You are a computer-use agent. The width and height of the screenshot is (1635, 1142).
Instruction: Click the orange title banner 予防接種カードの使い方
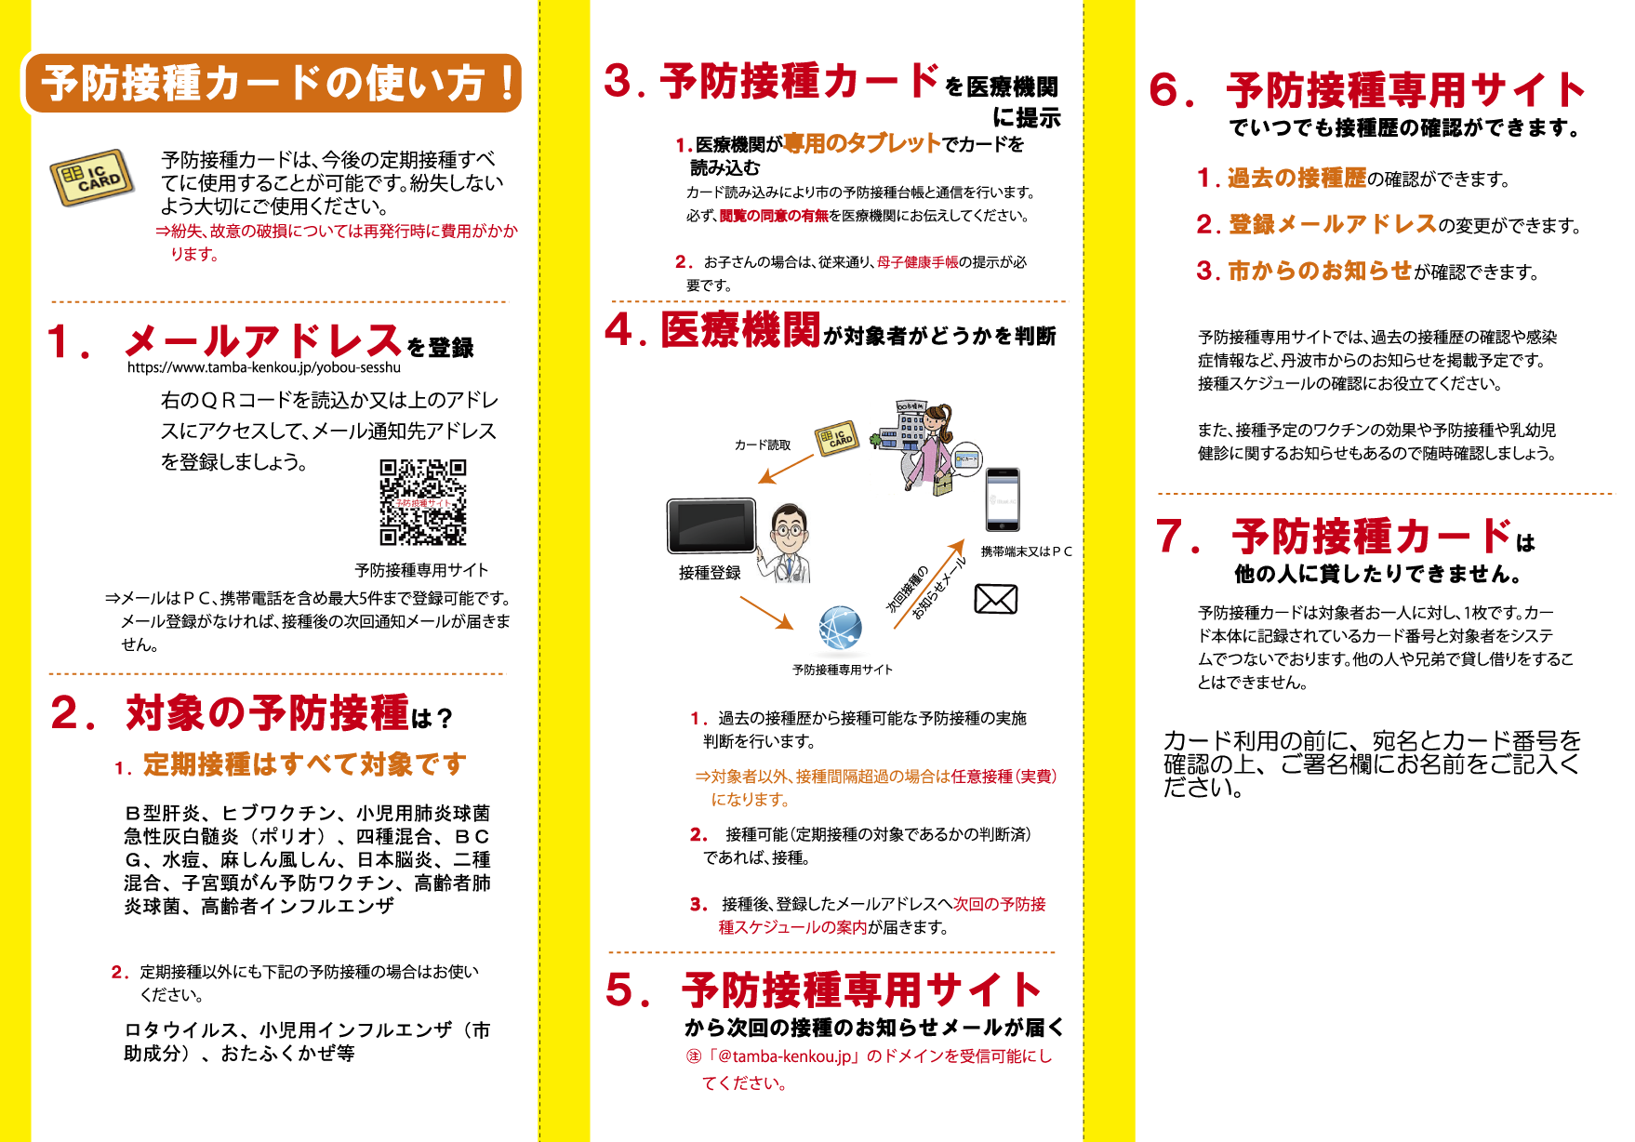tap(272, 83)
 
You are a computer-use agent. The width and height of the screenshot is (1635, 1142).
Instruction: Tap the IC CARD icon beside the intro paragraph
tap(92, 177)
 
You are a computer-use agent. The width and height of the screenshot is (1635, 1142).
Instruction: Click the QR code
tap(423, 502)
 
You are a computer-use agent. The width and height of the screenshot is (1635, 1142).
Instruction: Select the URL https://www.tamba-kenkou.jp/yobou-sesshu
tap(264, 367)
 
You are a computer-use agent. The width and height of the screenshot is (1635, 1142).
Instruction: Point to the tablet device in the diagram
tap(711, 525)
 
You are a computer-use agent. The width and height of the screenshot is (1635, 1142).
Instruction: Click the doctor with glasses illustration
tap(787, 544)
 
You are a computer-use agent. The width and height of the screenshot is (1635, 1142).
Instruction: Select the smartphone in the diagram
tap(1002, 499)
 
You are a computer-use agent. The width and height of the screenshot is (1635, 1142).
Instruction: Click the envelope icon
tap(995, 599)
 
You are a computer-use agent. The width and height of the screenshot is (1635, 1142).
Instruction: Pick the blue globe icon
tap(840, 628)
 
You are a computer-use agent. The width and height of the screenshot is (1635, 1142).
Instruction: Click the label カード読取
tap(763, 445)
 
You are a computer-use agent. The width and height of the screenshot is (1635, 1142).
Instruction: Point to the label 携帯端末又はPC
tap(1027, 551)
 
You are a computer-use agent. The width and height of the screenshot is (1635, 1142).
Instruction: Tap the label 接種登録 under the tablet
tap(710, 573)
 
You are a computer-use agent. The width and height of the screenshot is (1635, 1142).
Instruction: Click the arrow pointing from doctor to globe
tap(766, 613)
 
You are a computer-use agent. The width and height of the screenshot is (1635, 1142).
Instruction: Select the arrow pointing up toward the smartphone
tap(929, 584)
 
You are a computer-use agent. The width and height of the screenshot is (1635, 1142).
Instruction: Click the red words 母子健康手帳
tap(917, 262)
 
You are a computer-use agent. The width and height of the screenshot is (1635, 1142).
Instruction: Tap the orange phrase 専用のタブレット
tap(862, 142)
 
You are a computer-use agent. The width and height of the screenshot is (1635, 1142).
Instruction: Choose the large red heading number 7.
tap(1174, 537)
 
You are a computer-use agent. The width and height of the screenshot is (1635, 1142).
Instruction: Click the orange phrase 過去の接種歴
tap(1296, 178)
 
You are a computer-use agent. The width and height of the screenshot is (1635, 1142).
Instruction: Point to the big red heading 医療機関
tap(740, 329)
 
